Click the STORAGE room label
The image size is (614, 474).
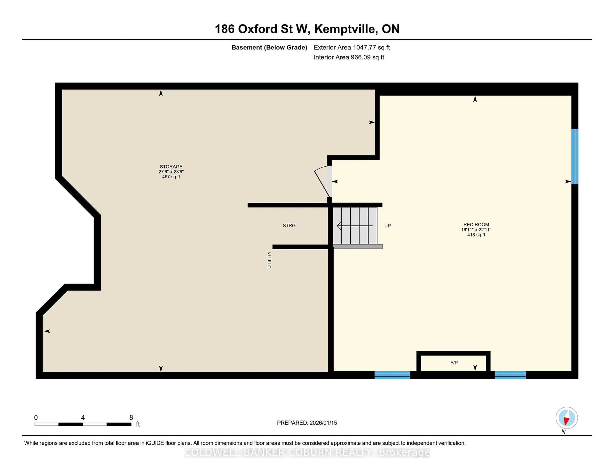pyautogui.click(x=171, y=167)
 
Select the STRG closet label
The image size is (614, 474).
pyautogui.click(x=289, y=226)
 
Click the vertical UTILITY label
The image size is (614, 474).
pyautogui.click(x=269, y=260)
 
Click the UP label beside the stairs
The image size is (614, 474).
pyautogui.click(x=387, y=226)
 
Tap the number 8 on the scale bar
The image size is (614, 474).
pyautogui.click(x=131, y=418)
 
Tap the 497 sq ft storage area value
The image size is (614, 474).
pyautogui.click(x=171, y=177)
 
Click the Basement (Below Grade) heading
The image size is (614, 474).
pyautogui.click(x=269, y=47)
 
